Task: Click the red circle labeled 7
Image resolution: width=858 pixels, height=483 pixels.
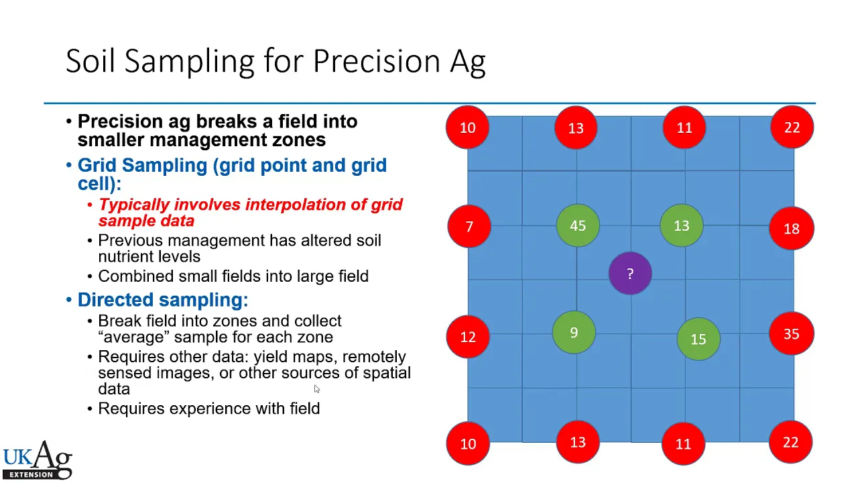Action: (x=469, y=226)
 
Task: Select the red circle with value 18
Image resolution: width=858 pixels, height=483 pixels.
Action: (x=792, y=229)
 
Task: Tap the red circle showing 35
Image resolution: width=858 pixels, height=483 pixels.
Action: (x=792, y=333)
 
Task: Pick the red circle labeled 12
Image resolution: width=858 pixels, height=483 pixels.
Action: (x=468, y=337)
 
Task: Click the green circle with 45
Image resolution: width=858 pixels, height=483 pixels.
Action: (x=578, y=225)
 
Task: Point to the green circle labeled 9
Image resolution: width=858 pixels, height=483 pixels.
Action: (x=574, y=332)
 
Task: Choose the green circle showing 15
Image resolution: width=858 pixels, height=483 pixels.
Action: (x=698, y=339)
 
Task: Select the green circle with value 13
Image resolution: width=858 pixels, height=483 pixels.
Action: (x=682, y=225)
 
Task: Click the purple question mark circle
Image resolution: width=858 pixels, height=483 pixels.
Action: (x=630, y=273)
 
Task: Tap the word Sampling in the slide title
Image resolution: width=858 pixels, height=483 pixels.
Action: (x=190, y=62)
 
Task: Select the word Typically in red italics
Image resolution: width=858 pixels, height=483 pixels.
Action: (x=134, y=205)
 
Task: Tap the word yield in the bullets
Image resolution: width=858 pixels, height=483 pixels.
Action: (x=269, y=358)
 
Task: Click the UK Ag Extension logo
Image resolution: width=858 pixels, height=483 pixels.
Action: (x=38, y=460)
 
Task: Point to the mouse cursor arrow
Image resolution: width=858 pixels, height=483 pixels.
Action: (x=317, y=388)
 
